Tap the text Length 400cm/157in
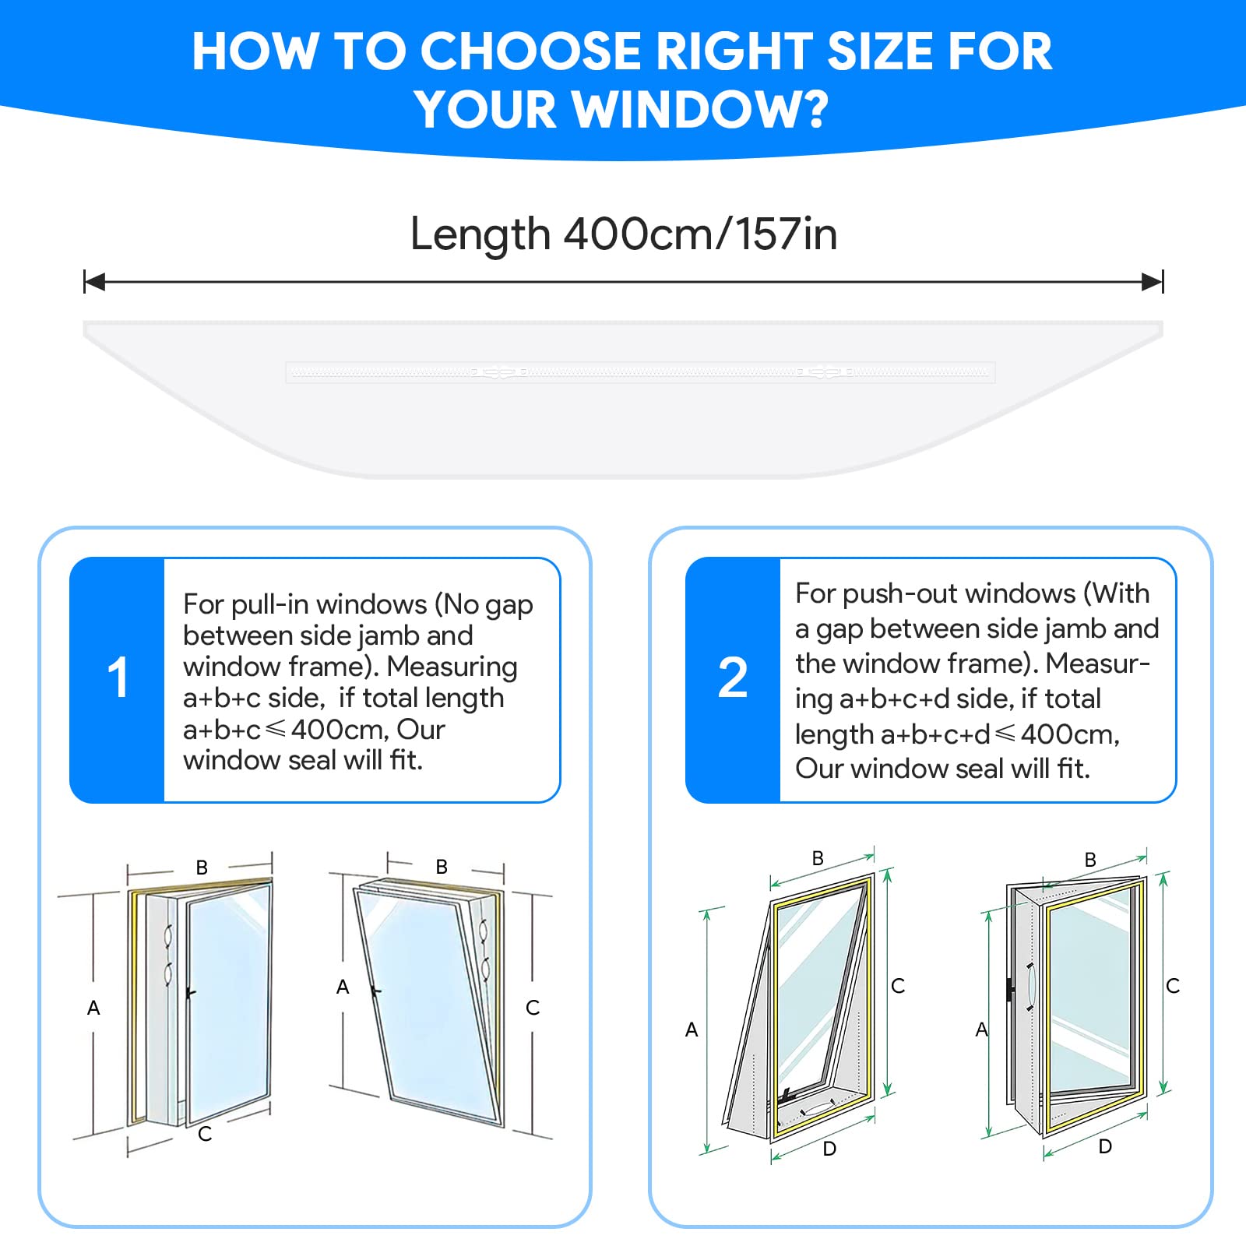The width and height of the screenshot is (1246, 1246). coord(623,234)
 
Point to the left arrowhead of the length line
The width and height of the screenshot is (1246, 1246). coord(94,282)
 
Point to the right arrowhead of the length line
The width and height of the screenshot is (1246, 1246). coord(1153,282)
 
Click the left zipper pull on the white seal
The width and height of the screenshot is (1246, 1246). coord(498,373)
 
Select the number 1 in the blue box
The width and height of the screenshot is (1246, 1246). coord(118,678)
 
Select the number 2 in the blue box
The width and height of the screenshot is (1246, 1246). coord(733,678)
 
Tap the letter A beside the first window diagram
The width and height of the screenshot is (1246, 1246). coord(93,1008)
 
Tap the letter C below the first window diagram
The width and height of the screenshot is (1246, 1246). coord(205,1134)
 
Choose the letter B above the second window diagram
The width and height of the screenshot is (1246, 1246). coord(442,867)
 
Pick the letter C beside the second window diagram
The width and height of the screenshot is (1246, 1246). coord(533,1008)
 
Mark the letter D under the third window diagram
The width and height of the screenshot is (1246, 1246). coord(829,1149)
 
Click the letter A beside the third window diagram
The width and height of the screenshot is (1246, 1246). coord(692,1030)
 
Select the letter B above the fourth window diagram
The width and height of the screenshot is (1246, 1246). coord(1090,860)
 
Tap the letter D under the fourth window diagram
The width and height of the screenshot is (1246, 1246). coord(1105,1146)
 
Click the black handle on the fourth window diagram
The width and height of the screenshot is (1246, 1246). coord(1011,991)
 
